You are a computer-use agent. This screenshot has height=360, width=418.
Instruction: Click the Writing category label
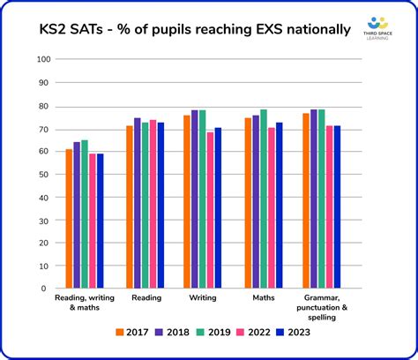[x=204, y=298]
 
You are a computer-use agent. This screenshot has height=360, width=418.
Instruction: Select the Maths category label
[x=263, y=298]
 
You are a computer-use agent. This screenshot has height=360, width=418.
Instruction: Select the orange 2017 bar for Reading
[x=130, y=207]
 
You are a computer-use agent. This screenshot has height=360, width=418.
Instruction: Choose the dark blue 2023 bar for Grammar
[x=337, y=207]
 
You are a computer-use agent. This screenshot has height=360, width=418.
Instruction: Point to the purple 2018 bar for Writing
[x=195, y=199]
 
